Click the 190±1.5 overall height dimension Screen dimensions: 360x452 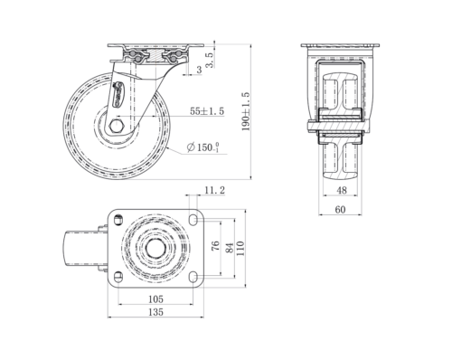click(x=246, y=111)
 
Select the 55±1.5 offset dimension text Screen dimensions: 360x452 click(x=209, y=111)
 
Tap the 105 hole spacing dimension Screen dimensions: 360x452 click(x=155, y=298)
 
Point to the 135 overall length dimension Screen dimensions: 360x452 click(x=155, y=313)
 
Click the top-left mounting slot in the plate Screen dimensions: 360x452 click(x=117, y=218)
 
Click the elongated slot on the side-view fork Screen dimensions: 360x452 click(x=123, y=95)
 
